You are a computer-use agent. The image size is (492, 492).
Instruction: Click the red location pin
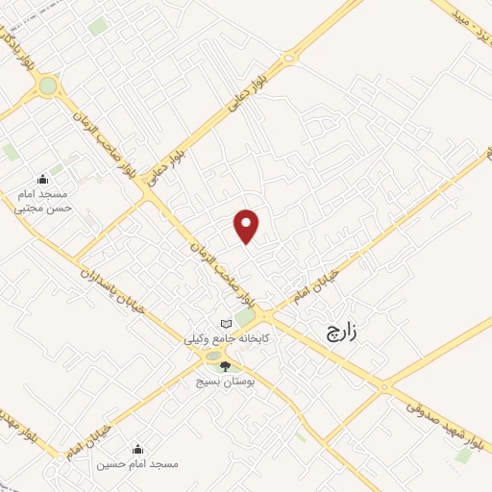pos(247,226)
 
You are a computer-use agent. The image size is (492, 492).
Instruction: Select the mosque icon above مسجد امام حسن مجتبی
pos(41,179)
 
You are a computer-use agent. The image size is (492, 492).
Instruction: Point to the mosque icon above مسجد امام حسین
pos(136,449)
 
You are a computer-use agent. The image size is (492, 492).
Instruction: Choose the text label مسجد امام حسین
pos(136,465)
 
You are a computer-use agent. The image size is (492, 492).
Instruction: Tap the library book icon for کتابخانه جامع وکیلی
pos(226,324)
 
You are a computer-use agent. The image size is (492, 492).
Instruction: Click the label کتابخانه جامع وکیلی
pos(228,339)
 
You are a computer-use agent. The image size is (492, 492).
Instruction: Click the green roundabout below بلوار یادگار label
pos(47,87)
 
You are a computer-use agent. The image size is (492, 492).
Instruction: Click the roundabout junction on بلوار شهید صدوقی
pos(385,388)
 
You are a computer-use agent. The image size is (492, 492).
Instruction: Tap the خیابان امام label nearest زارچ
pos(327,277)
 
